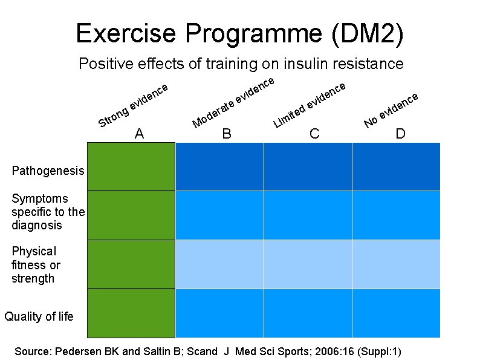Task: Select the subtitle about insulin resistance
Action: point(241,63)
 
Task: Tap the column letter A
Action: point(140,134)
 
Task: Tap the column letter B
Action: point(227,134)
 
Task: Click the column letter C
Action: point(314,134)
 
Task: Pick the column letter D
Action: point(400,134)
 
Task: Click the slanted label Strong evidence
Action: point(132,106)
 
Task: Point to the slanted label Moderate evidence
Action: point(233,102)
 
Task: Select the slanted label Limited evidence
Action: point(310,104)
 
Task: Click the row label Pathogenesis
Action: point(48,171)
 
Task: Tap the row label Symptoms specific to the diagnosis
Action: point(48,212)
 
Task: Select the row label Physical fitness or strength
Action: point(35,265)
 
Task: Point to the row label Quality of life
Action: point(39,316)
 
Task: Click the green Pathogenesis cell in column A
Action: point(131,166)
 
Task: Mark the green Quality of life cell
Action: point(131,313)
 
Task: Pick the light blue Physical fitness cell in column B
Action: point(219,264)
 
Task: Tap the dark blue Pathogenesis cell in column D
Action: point(396,166)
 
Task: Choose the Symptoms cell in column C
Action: point(308,215)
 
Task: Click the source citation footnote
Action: point(207,351)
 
